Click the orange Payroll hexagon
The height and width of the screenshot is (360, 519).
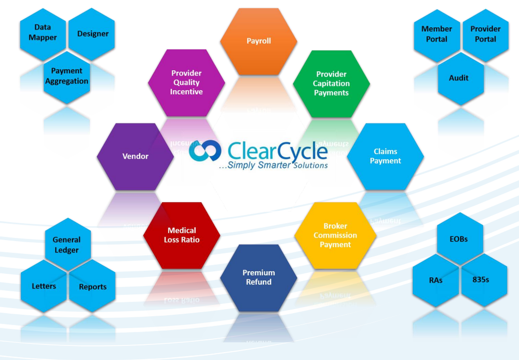(258, 42)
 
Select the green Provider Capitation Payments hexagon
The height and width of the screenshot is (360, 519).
(331, 84)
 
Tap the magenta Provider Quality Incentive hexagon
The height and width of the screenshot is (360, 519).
(186, 83)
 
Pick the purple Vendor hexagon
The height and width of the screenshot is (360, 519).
(135, 156)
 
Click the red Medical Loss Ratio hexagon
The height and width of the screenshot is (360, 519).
(182, 235)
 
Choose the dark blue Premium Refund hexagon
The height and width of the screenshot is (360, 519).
(258, 277)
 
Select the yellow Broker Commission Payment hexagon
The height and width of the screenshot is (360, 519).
(335, 235)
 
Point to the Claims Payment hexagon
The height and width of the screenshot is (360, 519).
(385, 156)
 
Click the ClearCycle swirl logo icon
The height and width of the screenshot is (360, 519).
(205, 150)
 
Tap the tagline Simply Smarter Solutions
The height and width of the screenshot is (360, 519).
(274, 165)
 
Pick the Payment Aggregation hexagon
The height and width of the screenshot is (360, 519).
(67, 77)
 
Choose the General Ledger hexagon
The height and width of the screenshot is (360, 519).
(68, 244)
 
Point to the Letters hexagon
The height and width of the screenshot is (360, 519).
(44, 286)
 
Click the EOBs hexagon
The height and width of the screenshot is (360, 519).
(460, 238)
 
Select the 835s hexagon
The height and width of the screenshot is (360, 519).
(484, 280)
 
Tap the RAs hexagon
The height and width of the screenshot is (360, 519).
(435, 280)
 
